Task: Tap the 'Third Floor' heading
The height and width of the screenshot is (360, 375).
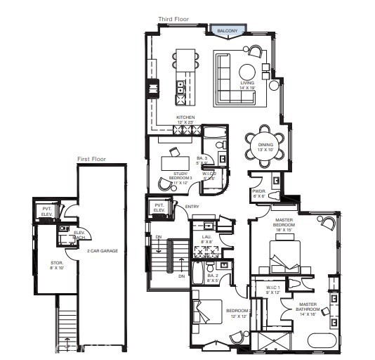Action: click(175, 20)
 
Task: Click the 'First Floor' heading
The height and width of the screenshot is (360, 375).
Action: click(91, 160)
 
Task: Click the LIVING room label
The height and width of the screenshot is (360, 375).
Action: click(247, 85)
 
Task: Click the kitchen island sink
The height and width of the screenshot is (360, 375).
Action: click(180, 87)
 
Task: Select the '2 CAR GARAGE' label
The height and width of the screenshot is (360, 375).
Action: click(96, 251)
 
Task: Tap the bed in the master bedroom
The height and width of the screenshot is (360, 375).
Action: click(289, 254)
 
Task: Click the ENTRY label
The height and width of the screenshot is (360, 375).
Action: click(192, 206)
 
